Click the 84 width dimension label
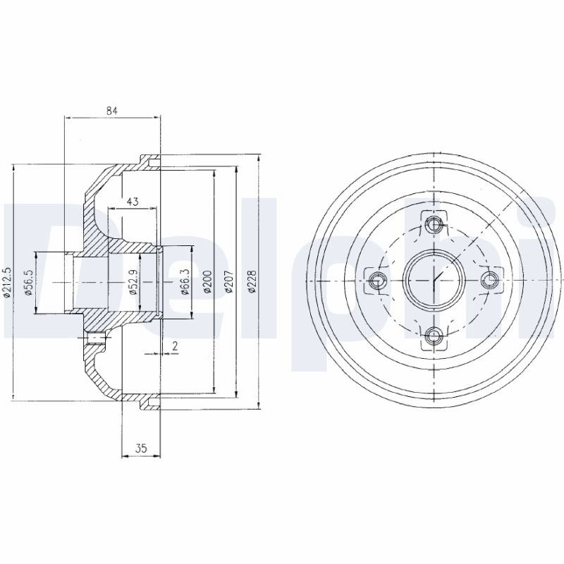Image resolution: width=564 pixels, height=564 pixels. tap(112, 111)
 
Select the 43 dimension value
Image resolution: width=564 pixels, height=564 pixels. tap(133, 202)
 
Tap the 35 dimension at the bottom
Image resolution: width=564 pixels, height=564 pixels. tap(141, 448)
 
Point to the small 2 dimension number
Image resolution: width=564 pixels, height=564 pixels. tap(175, 346)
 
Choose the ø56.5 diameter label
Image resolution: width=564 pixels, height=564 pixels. tap(30, 283)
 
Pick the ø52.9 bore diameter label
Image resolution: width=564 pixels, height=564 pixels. tap(133, 283)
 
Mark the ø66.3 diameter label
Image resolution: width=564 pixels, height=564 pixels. tap(185, 283)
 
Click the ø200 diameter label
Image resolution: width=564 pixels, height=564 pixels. tap(207, 282)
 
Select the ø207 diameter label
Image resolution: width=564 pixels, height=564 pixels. tap(230, 282)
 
